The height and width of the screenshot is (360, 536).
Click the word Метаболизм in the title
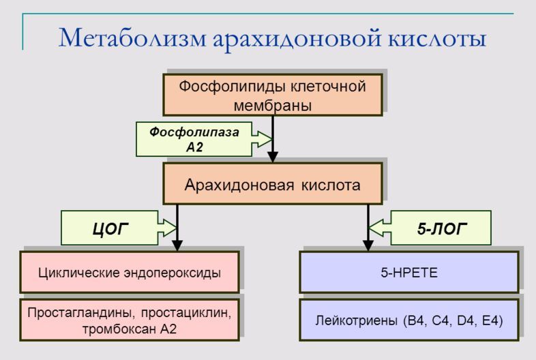[132, 37]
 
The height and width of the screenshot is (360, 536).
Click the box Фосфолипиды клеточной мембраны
[273, 95]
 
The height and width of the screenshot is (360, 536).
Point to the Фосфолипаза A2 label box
[194, 139]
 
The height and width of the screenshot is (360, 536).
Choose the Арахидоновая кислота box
[273, 184]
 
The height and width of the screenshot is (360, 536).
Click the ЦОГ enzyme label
[110, 228]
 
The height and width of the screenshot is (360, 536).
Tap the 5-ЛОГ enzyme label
[441, 228]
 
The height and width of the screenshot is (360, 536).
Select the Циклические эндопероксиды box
[130, 273]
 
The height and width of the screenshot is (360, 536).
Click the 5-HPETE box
[409, 273]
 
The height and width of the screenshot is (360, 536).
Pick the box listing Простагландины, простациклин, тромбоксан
[130, 320]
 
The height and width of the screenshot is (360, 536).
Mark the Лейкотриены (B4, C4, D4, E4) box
[409, 320]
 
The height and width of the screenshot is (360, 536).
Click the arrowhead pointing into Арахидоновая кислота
[273, 157]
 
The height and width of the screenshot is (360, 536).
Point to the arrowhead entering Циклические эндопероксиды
[177, 246]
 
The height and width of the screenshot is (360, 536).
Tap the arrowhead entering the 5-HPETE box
[368, 246]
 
